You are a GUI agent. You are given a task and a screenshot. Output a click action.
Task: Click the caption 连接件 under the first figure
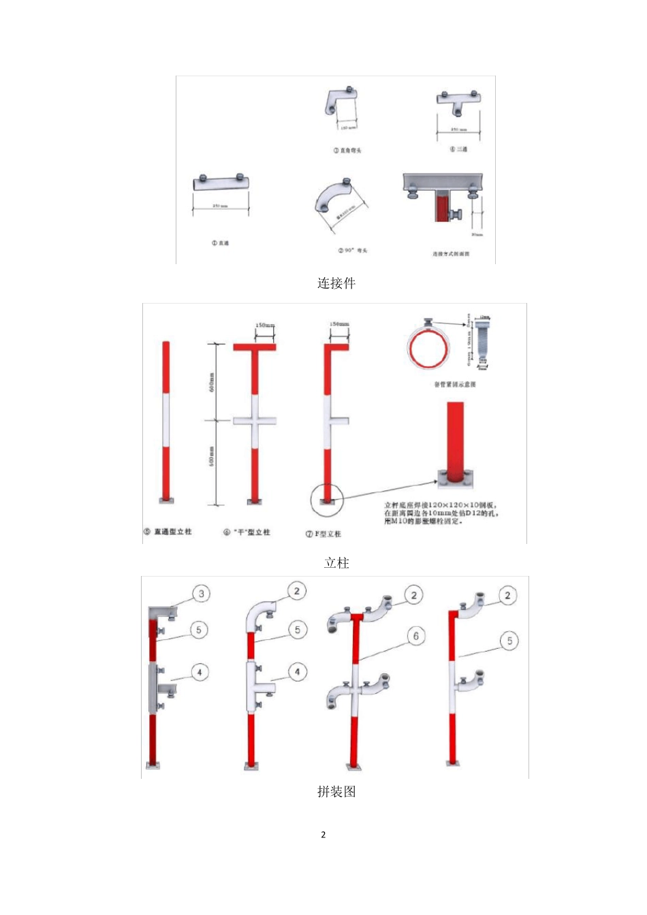pos(336,283)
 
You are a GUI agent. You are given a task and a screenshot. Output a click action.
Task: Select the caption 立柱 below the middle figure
pos(336,563)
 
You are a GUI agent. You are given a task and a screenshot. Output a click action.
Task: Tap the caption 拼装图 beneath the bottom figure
pos(336,792)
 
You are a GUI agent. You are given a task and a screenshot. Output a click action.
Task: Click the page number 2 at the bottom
pos(323,835)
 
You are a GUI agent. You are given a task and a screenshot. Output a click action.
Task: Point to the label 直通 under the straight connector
pos(221,243)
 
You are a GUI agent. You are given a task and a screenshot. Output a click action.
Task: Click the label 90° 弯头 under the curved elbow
pos(353,251)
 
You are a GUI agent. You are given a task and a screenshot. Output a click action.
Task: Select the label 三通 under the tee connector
pos(458,149)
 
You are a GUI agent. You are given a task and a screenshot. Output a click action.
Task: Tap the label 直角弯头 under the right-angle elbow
pos(347,150)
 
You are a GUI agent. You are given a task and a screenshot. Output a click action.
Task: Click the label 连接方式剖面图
pos(450,254)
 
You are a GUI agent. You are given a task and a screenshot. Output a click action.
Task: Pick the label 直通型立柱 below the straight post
pos(168,532)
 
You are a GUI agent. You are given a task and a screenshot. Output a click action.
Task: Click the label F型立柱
pos(323,534)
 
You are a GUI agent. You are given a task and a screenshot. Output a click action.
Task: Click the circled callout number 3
pos(202,594)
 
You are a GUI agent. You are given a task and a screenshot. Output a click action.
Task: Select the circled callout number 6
pos(416,637)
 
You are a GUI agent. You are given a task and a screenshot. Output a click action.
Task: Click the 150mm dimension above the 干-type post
pos(264,325)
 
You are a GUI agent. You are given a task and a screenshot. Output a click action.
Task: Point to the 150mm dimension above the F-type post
pos(339,325)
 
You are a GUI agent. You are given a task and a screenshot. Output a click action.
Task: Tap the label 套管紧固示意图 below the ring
pos(455,385)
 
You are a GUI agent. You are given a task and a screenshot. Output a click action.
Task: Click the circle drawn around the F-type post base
pos(327,500)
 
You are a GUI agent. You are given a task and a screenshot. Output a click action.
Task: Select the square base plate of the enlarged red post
pos(454,481)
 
